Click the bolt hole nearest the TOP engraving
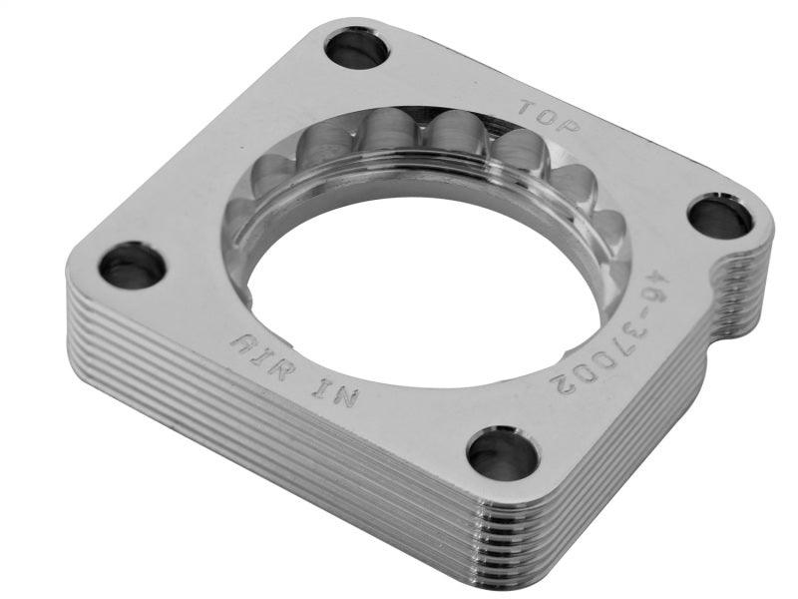click(356, 48)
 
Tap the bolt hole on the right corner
click(720, 217)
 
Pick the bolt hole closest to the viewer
click(502, 453)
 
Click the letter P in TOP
click(571, 127)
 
